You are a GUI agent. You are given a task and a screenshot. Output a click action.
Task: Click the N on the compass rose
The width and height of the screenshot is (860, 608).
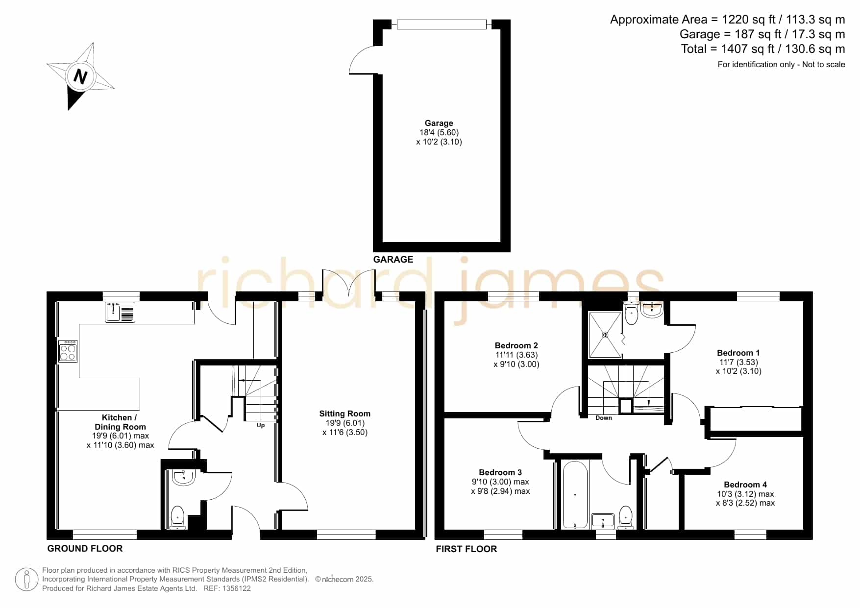point(80,76)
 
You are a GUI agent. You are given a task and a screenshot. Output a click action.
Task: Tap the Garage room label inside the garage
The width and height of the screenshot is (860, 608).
point(439,123)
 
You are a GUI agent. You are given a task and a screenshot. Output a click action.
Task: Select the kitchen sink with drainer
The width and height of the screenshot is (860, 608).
point(120,312)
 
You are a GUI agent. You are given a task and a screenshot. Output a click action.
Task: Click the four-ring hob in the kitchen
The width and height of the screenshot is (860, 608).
point(68,351)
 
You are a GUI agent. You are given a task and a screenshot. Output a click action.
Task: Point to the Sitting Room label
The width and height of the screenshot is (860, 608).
point(345,413)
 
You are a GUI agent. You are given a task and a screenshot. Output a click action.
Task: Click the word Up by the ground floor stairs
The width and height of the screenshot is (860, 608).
point(261,425)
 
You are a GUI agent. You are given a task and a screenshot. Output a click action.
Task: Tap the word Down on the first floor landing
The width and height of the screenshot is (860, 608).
point(604,418)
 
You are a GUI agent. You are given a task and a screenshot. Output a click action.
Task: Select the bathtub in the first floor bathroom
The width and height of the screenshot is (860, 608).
point(575,495)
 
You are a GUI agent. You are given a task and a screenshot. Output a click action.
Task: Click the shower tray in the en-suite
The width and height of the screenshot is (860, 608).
point(606,335)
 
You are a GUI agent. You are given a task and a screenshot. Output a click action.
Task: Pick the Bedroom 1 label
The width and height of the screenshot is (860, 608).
point(738,353)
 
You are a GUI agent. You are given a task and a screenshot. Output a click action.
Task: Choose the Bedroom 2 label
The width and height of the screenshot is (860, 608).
point(516,345)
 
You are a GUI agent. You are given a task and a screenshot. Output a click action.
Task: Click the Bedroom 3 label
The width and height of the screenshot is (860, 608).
point(500,472)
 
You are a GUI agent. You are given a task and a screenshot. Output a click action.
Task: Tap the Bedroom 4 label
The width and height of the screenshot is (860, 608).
point(745,485)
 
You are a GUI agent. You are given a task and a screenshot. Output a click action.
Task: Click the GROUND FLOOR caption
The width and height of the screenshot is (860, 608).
point(85,548)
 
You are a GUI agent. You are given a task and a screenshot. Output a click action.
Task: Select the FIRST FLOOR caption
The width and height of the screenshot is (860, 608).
point(467,549)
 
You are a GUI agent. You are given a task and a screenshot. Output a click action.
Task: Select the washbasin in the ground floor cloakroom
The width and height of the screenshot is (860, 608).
point(184,477)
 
